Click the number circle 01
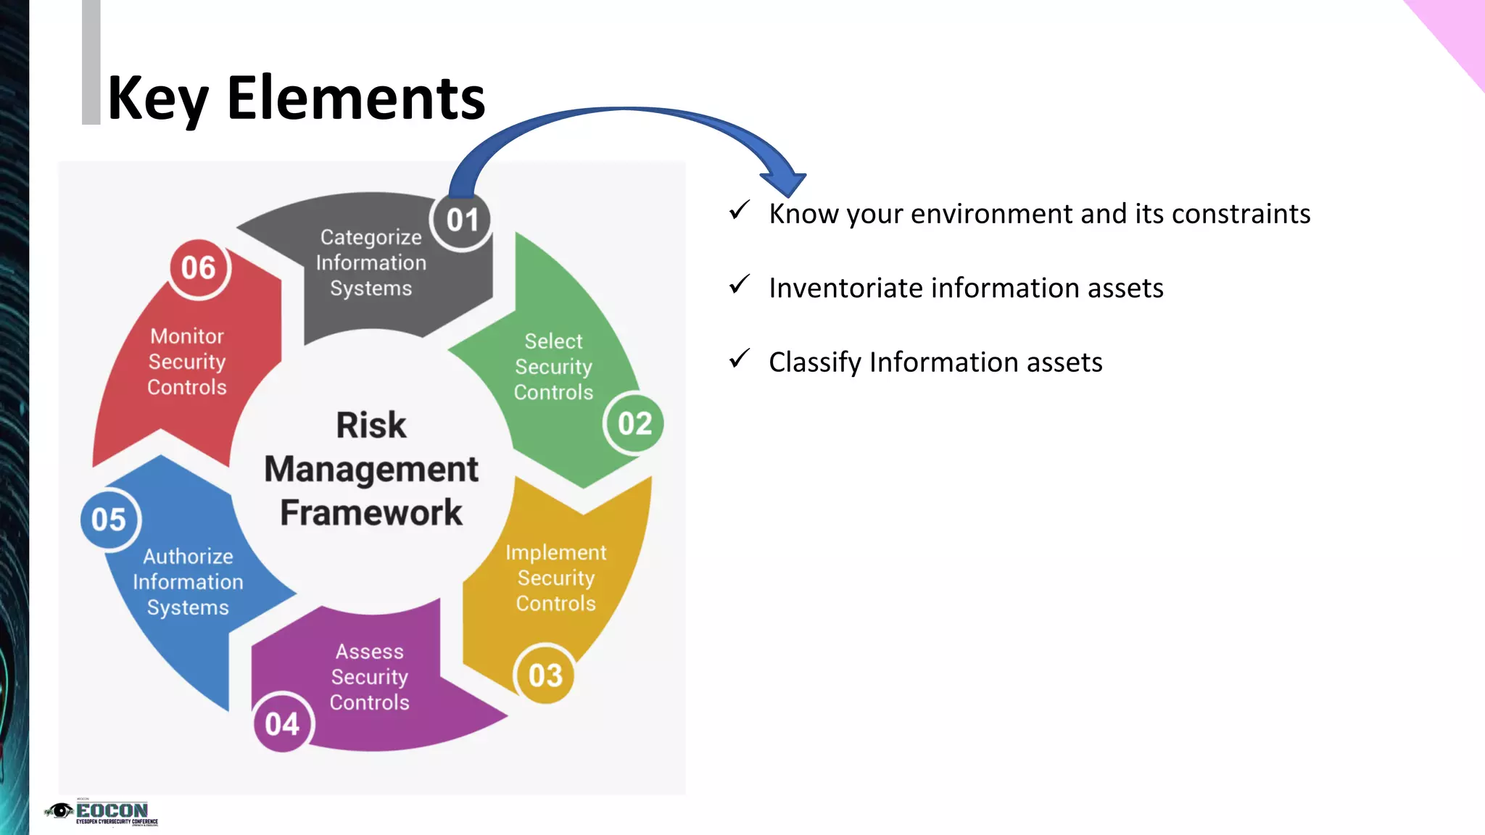[x=462, y=220]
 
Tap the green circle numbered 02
[x=634, y=424]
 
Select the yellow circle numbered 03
[x=545, y=676]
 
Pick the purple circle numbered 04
[x=282, y=723]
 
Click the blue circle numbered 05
[x=109, y=520]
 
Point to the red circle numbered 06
[x=198, y=268]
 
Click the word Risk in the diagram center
[x=371, y=425]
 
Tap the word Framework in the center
[x=371, y=513]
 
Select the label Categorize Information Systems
[x=371, y=262]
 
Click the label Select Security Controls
[x=553, y=367]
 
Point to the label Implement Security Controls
[x=555, y=578]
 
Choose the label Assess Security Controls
[x=369, y=677]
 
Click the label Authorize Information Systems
[x=188, y=582]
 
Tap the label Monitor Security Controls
[x=187, y=362]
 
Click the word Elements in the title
[x=355, y=99]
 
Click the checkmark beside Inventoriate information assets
[x=739, y=285]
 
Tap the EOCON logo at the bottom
[x=102, y=812]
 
